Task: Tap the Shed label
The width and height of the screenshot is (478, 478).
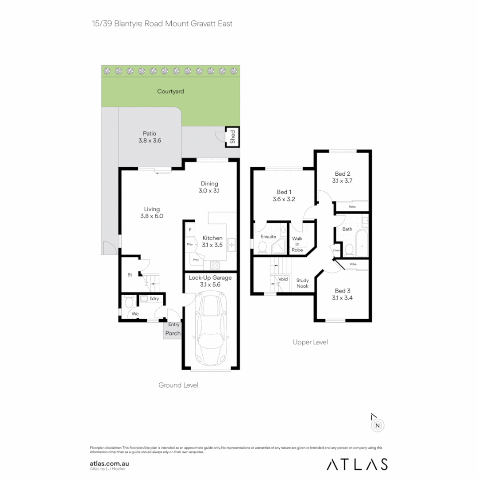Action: point(232,137)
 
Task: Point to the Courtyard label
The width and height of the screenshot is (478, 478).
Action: point(170,92)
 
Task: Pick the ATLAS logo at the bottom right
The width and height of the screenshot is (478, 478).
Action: point(357,464)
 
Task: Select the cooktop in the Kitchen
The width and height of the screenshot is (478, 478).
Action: point(215,266)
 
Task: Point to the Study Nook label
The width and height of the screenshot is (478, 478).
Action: point(303,283)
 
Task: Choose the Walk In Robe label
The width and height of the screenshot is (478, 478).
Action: point(297,244)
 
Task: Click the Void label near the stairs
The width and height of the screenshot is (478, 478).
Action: point(284,279)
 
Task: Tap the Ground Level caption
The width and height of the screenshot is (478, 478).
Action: point(178,385)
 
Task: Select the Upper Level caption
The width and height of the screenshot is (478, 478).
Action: point(310,342)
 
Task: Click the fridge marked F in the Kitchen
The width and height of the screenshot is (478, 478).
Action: point(190,230)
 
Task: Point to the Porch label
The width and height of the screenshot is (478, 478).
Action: point(173,333)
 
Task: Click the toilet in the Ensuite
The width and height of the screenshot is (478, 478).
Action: point(262,248)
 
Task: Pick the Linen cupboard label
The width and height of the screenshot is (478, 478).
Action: point(336,251)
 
